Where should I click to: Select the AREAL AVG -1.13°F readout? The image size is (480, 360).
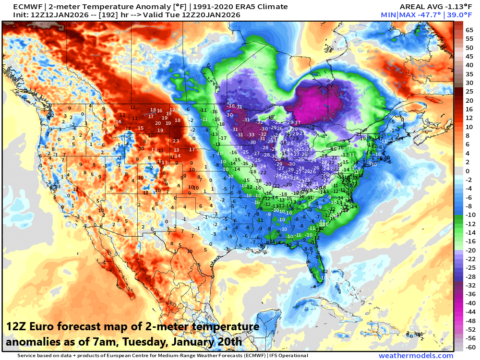(x=425, y=7)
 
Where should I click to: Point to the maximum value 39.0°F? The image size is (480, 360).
(x=456, y=15)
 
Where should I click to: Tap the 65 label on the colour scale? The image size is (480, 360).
(x=470, y=30)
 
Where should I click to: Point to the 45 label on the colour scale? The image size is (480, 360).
(x=470, y=57)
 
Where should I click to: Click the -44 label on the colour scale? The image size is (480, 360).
(x=470, y=312)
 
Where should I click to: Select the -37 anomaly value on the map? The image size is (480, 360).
(x=298, y=123)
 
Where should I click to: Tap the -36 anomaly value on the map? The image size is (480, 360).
(x=231, y=106)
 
